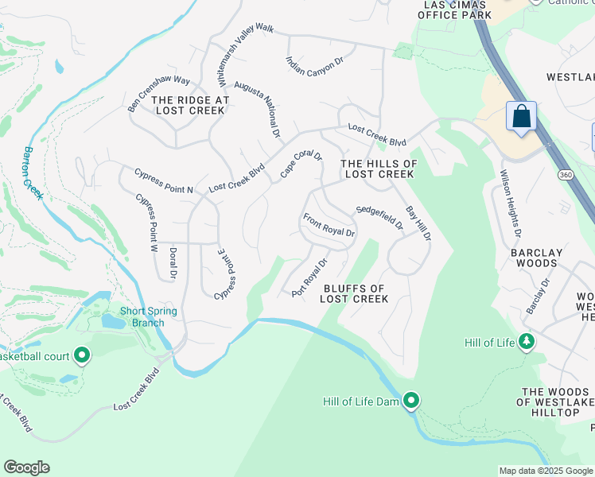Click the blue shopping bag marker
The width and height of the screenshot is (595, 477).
(521, 117)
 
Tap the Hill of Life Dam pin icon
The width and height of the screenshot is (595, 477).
(410, 401)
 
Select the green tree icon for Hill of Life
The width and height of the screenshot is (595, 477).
(525, 342)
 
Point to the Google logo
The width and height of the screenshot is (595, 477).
(26, 467)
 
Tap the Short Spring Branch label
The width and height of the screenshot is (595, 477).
(142, 316)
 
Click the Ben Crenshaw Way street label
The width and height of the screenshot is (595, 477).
(159, 92)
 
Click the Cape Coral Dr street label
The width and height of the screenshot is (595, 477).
(301, 165)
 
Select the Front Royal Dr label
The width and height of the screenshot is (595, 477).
(329, 224)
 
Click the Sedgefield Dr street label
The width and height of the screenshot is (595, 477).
(379, 217)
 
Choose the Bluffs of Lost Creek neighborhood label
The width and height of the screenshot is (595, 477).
(354, 294)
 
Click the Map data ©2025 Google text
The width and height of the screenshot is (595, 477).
(546, 471)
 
